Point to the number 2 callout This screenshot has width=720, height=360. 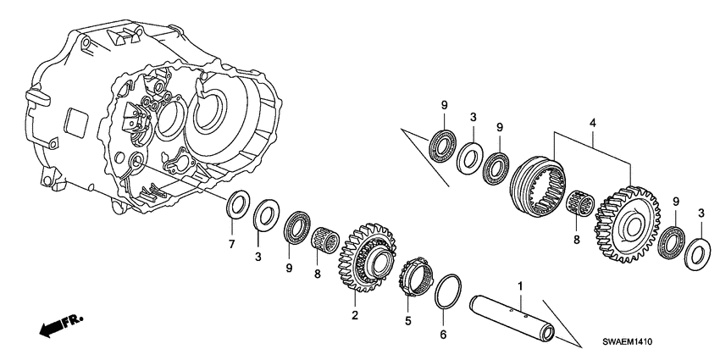pyautogui.click(x=355, y=315)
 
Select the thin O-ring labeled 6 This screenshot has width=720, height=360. pyautogui.click(x=446, y=290)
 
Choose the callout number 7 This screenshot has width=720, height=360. pyautogui.click(x=230, y=245)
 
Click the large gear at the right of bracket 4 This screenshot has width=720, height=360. pyautogui.click(x=628, y=219)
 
